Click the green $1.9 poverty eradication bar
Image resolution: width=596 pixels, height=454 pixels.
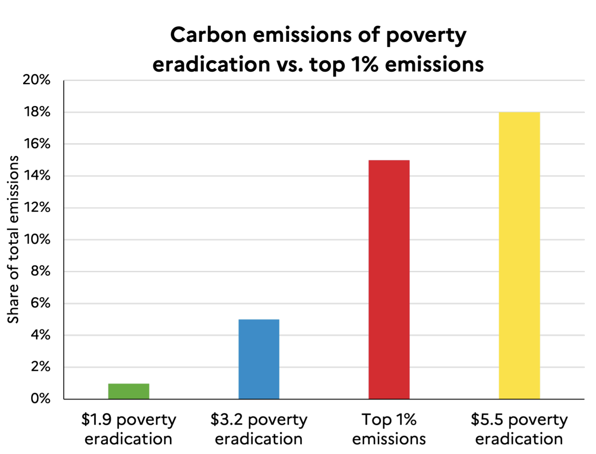129,391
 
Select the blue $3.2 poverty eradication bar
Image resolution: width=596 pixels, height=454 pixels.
259,359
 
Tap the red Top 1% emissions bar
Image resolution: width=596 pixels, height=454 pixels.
389,279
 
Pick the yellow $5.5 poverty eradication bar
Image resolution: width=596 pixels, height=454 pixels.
519,256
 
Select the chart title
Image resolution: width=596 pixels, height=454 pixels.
318,50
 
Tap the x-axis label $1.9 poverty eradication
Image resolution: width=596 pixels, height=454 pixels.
129,429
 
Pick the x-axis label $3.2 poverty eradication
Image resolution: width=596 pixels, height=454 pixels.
259,429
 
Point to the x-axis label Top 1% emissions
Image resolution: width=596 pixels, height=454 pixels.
389,429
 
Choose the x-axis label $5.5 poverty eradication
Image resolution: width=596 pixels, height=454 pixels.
519,429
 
